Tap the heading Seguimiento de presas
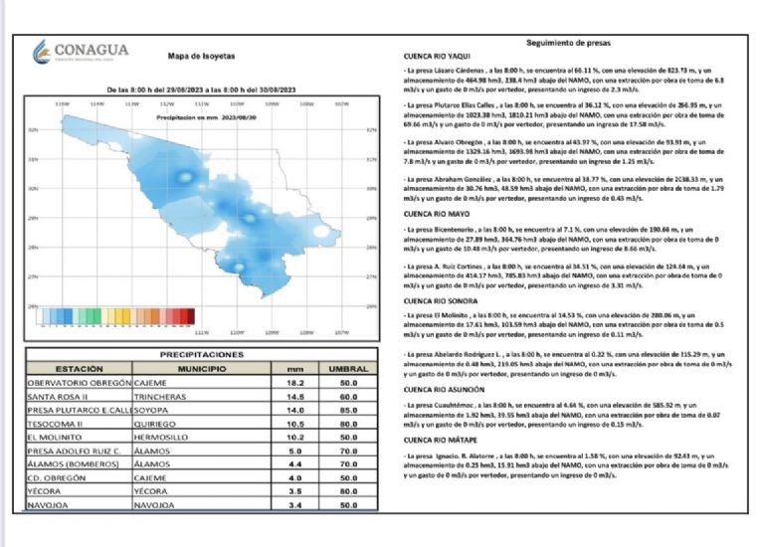tap(566, 44)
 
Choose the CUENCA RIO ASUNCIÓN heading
tap(449, 390)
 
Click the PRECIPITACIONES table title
tap(201, 354)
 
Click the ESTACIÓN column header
tap(80, 368)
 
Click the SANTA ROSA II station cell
tap(59, 396)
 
